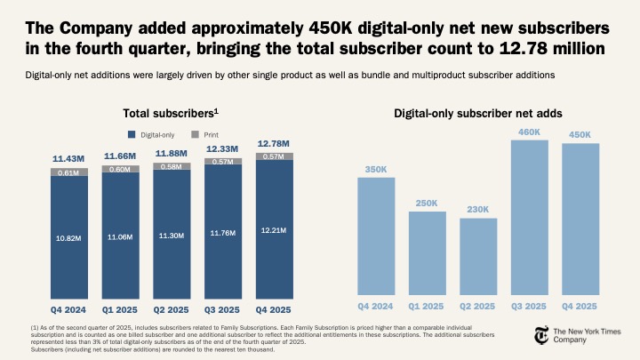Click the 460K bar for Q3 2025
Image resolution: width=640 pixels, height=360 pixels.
click(x=529, y=218)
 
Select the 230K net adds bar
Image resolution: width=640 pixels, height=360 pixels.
click(x=477, y=258)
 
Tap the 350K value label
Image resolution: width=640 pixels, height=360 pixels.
click(x=376, y=168)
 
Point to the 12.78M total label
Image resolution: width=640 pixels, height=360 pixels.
click(x=273, y=143)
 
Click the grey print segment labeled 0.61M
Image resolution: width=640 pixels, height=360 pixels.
click(x=68, y=173)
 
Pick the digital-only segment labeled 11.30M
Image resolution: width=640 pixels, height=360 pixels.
click(x=171, y=236)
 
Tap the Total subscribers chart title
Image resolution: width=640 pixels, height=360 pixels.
click(x=171, y=114)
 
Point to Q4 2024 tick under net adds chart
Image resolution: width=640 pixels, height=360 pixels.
click(x=376, y=306)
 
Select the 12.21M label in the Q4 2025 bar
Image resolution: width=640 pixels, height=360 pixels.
click(x=273, y=230)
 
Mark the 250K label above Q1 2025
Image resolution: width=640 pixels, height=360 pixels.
click(x=427, y=204)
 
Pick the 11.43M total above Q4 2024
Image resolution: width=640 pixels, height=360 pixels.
click(x=68, y=158)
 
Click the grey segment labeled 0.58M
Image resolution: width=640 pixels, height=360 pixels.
click(x=171, y=166)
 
